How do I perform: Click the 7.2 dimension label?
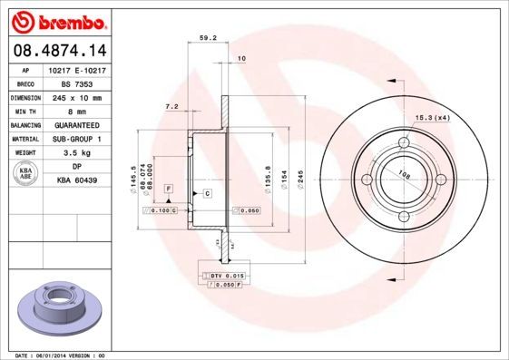pos(171,106)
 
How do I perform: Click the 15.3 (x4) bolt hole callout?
pos(433,118)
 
